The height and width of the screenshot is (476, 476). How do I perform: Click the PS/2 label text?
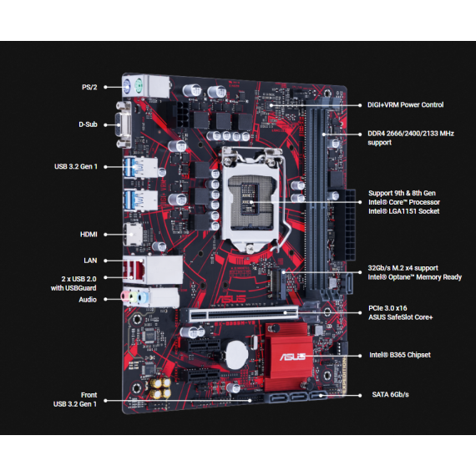[89, 87]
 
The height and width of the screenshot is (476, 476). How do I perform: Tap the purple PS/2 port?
[128, 85]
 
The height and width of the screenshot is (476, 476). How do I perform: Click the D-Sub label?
[88, 124]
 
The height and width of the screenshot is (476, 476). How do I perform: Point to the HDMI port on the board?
[133, 234]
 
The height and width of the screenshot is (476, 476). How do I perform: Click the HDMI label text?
[89, 235]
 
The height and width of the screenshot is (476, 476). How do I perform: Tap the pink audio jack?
[125, 296]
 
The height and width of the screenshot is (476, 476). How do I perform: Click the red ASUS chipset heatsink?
[289, 357]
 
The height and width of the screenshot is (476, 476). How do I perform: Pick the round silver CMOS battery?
[237, 354]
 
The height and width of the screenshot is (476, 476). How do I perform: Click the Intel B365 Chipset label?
[400, 355]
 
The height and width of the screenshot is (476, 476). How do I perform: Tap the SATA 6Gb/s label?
[390, 394]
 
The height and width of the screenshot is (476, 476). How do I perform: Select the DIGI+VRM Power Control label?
[405, 104]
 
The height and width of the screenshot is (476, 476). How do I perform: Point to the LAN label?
[90, 261]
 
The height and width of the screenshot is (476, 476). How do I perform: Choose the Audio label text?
[88, 300]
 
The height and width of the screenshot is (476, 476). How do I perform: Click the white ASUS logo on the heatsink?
[292, 357]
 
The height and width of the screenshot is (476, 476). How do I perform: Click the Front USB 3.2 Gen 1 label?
[75, 399]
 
